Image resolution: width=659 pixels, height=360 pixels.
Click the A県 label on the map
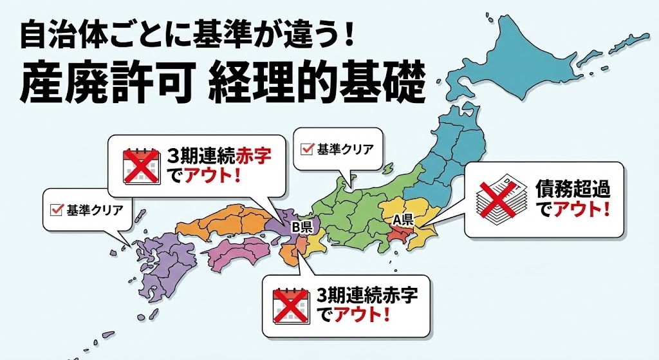click(x=403, y=219)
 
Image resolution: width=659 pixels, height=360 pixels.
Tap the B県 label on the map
click(x=302, y=227)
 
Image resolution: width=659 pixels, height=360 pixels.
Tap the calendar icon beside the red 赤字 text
click(x=140, y=165)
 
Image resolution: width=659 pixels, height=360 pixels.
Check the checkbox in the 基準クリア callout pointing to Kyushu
click(x=57, y=209)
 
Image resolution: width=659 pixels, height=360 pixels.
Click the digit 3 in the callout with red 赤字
click(x=172, y=156)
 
